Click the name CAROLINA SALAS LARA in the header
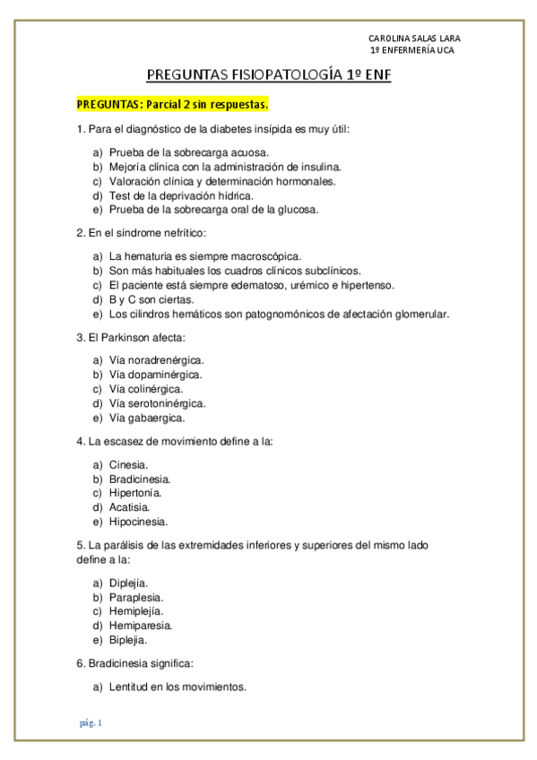415,39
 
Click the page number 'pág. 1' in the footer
90,722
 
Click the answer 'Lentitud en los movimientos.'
178,687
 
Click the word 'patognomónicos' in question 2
286,314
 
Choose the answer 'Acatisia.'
129,507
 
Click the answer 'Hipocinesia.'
138,522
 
